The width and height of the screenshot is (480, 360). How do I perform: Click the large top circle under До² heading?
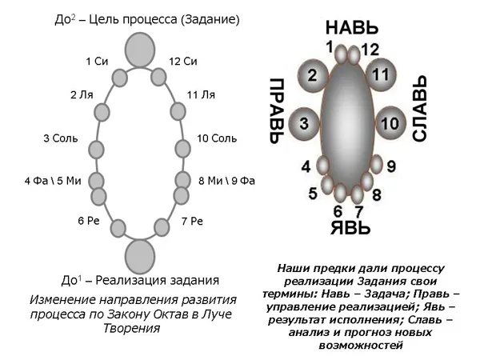(140, 50)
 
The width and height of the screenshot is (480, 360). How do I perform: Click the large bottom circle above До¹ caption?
(140, 257)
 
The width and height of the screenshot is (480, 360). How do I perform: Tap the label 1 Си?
(97, 62)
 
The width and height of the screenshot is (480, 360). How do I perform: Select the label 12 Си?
(183, 62)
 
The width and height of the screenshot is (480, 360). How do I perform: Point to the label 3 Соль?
(61, 138)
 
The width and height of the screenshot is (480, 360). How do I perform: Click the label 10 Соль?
(217, 138)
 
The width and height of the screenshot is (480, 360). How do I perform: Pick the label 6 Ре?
(89, 221)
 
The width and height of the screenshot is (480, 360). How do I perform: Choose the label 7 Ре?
(192, 221)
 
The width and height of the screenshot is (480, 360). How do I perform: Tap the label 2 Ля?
(82, 95)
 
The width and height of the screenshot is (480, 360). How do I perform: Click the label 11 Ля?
(201, 95)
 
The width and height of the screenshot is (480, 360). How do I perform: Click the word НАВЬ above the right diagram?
(352, 27)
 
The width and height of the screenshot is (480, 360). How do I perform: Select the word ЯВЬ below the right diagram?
(351, 227)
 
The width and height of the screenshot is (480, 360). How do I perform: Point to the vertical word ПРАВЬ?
(277, 111)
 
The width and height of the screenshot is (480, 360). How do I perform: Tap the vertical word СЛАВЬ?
(420, 109)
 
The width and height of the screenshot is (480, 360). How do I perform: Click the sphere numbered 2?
(312, 76)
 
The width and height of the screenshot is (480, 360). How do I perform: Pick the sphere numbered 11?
(381, 74)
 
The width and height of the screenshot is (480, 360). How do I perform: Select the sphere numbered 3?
(304, 124)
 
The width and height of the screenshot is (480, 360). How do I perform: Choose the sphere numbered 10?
(390, 123)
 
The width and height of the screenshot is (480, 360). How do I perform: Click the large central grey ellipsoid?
(347, 123)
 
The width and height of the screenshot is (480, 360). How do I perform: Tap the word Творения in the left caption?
(132, 329)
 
